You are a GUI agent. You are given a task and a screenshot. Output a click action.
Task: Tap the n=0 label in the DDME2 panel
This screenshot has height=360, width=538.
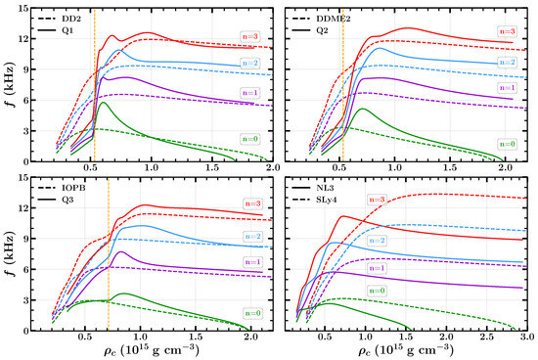[507, 144]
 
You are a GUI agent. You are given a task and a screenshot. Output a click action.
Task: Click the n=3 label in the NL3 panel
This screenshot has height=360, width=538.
[379, 200]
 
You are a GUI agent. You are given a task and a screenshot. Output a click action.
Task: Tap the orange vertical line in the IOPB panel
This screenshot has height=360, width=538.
[108, 254]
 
